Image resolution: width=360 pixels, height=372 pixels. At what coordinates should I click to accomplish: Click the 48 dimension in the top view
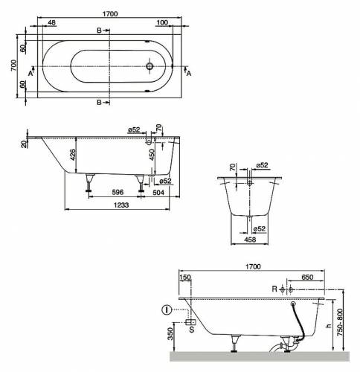51,23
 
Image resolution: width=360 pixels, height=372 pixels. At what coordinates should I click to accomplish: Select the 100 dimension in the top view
162,23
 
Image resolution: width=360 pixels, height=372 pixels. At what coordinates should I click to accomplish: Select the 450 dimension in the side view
152,155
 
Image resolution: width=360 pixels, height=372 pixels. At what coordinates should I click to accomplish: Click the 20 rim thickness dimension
24,143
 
